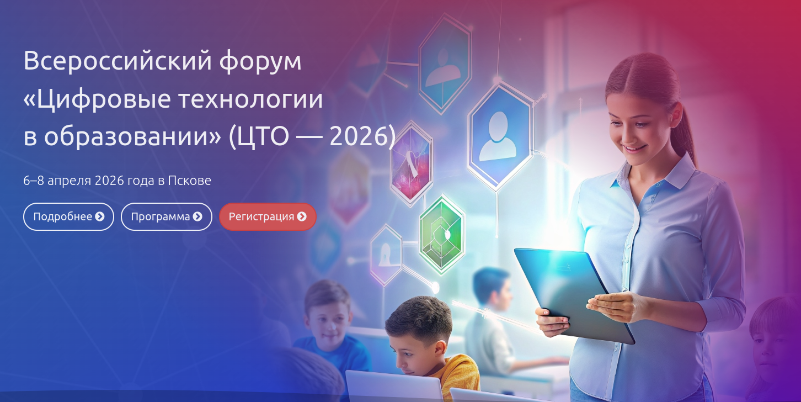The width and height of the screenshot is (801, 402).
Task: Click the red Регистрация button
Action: pos(268,216)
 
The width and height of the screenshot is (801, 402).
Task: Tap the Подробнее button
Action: pos(68,216)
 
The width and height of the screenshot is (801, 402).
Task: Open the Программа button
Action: pos(166,216)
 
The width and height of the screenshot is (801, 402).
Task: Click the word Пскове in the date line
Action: pos(189,181)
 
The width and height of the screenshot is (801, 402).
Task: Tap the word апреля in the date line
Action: pos(70,181)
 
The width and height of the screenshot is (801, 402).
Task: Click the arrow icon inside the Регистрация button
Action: pos(302,216)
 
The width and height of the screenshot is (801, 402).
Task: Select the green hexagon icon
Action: pos(441,234)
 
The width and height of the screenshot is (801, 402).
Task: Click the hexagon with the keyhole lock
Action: pos(385,255)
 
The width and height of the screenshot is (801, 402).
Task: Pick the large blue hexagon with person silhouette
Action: pos(499,135)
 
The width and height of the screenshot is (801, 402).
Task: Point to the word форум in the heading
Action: pos(260,61)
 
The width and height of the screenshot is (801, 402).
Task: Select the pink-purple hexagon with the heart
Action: pos(411,163)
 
